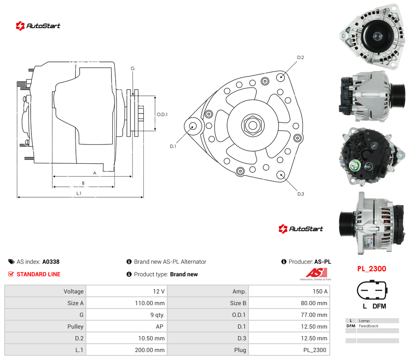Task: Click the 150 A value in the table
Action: coord(320,291)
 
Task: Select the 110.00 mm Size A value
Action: coord(150,303)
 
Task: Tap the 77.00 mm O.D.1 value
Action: coord(314,315)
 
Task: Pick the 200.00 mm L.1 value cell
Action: coord(150,350)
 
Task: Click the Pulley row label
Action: coord(75,327)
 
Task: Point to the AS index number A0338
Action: coord(51,262)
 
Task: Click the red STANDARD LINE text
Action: coord(39,274)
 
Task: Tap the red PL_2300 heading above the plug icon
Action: coord(371,269)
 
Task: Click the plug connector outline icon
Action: coord(372,290)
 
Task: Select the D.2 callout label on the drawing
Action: coord(300,57)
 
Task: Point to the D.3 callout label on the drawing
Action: coord(300,194)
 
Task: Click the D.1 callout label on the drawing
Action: coord(173,147)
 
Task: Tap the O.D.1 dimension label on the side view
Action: coord(162,114)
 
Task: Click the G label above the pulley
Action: coord(132,69)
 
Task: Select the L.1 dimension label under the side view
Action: coord(79,193)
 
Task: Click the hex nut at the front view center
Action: coord(253,125)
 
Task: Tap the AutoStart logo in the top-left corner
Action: coord(38,26)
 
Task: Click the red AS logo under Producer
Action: coord(316,273)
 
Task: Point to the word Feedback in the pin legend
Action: coord(368,326)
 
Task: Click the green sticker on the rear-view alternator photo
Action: coord(355,165)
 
